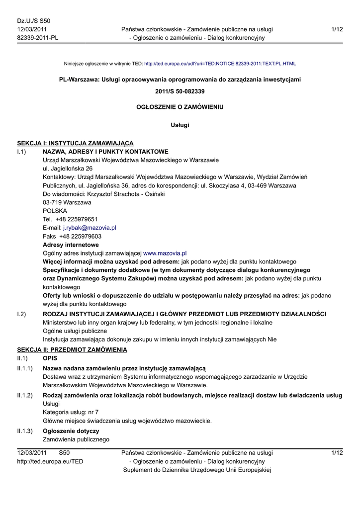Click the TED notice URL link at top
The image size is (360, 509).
coord(220,64)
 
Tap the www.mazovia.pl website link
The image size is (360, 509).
coord(165,253)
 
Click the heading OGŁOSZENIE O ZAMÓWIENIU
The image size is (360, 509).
coord(180,107)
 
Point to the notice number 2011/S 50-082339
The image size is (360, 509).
coord(180,91)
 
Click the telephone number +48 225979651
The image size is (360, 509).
coord(77,219)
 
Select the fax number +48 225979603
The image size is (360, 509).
coord(81,236)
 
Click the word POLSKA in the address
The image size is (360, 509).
coord(55,211)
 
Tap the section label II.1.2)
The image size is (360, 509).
coord(25,395)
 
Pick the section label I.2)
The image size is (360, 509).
coord(21,314)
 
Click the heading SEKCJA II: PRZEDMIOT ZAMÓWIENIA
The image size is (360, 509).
coord(72,350)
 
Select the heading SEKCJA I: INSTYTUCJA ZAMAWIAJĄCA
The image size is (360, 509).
coord(75,143)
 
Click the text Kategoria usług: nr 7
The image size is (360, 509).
coord(71,412)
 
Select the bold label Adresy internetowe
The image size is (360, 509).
coord(71,245)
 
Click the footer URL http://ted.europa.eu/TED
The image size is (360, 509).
coord(50,461)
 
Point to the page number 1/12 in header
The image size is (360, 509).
coord(337,29)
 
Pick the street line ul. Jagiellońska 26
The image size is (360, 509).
coord(68,169)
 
